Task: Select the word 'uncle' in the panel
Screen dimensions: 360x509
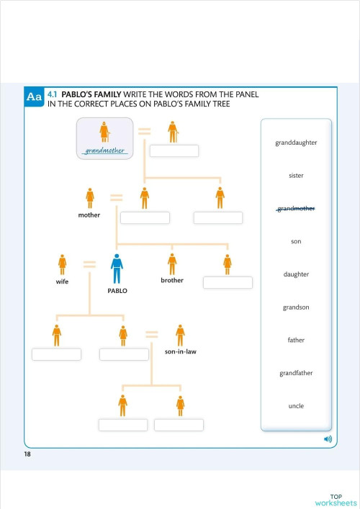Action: coord(296,406)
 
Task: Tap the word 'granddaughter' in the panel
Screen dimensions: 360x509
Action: coord(296,143)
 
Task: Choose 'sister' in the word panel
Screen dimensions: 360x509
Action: coord(296,176)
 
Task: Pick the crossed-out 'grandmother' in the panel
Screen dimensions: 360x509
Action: coord(296,209)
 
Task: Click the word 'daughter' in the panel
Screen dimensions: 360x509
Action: coord(296,274)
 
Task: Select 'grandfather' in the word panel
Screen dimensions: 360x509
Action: coord(296,373)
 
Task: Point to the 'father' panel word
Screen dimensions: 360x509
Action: coord(296,340)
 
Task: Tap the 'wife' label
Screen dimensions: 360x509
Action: coord(62,283)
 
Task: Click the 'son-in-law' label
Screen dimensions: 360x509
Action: coord(181,352)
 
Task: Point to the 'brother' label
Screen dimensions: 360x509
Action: coord(172,280)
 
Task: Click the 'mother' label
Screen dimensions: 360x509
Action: coord(89,215)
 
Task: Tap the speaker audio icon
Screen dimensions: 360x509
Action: coord(328,438)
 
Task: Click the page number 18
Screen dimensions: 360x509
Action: coord(27,455)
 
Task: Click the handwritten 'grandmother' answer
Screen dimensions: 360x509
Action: coord(105,151)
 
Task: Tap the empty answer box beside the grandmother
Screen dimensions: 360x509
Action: coord(174,151)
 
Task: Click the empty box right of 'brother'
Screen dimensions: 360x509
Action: coord(228,282)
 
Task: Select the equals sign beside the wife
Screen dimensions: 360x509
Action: coord(89,264)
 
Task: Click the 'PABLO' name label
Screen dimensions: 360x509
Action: coord(117,292)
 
